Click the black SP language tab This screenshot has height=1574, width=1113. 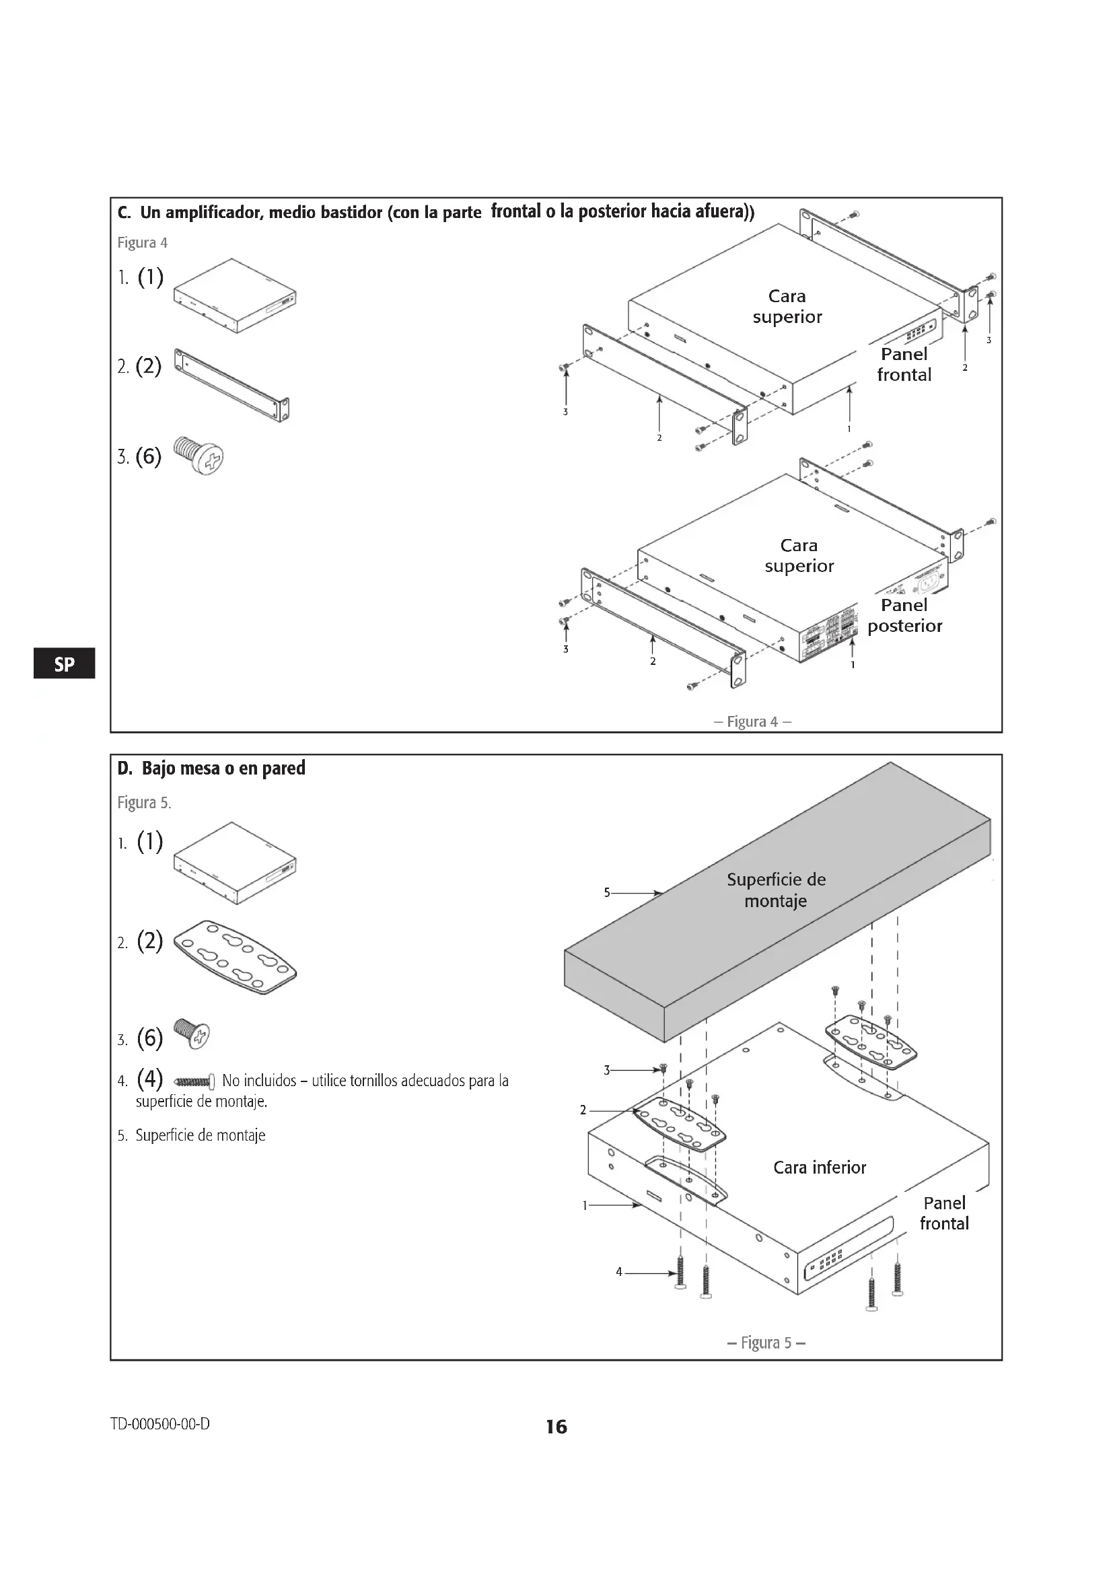[x=64, y=664]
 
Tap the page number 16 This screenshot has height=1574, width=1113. [x=556, y=1427]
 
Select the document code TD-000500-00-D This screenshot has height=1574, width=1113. [x=160, y=1424]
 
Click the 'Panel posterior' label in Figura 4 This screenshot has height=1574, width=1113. [x=904, y=615]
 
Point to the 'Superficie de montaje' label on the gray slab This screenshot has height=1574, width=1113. [x=776, y=890]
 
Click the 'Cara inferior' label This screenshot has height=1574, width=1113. [x=820, y=1167]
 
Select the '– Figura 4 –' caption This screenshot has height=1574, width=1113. [x=752, y=721]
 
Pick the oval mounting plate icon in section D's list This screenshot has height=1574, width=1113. [x=235, y=956]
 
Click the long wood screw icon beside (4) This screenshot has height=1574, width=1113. [x=195, y=1082]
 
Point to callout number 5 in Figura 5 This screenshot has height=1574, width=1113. [x=606, y=892]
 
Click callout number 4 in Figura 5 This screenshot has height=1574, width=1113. [x=619, y=1272]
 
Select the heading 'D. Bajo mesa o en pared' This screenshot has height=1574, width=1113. [x=211, y=768]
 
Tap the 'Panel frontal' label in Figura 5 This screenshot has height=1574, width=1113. [x=943, y=1213]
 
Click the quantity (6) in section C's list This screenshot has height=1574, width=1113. [x=148, y=456]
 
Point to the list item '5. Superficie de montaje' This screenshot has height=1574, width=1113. [x=191, y=1135]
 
